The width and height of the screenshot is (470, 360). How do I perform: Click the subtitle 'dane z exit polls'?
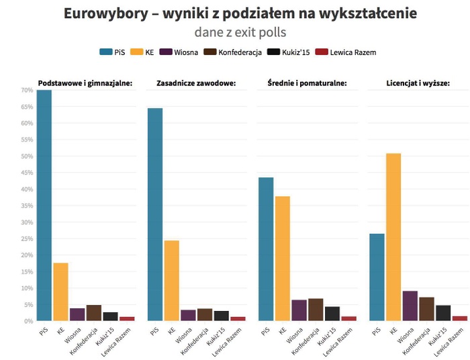pos(234,32)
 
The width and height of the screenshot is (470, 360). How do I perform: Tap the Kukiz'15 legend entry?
pos(288,52)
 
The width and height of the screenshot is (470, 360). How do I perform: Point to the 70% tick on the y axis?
pos(27,91)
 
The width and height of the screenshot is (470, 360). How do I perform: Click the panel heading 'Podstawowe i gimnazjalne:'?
pos(85,83)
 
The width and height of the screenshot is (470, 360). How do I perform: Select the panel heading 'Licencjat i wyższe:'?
pos(418,83)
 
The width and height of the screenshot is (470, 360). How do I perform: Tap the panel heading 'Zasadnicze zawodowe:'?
pos(195,83)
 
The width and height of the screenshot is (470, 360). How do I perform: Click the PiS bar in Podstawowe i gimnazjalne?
pos(44,206)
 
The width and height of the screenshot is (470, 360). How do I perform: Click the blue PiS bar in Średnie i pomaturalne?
pos(266,249)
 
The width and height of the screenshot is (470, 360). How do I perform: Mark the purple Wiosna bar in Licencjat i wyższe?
pos(410,306)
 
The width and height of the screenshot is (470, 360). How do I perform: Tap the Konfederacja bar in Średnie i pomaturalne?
pos(316,310)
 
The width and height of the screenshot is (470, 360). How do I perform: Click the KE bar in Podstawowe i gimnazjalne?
pos(61,291)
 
